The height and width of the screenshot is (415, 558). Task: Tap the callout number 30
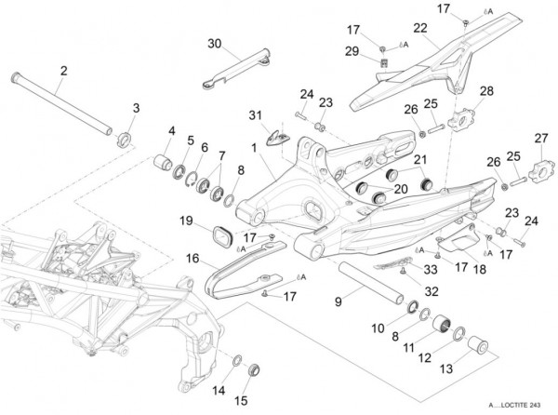coord(215,45)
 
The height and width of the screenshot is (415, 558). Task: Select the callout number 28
coord(486,90)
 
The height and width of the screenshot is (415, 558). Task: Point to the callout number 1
coord(253,147)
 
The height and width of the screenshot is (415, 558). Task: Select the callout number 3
coord(136,109)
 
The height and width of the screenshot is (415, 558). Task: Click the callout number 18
coord(480,268)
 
